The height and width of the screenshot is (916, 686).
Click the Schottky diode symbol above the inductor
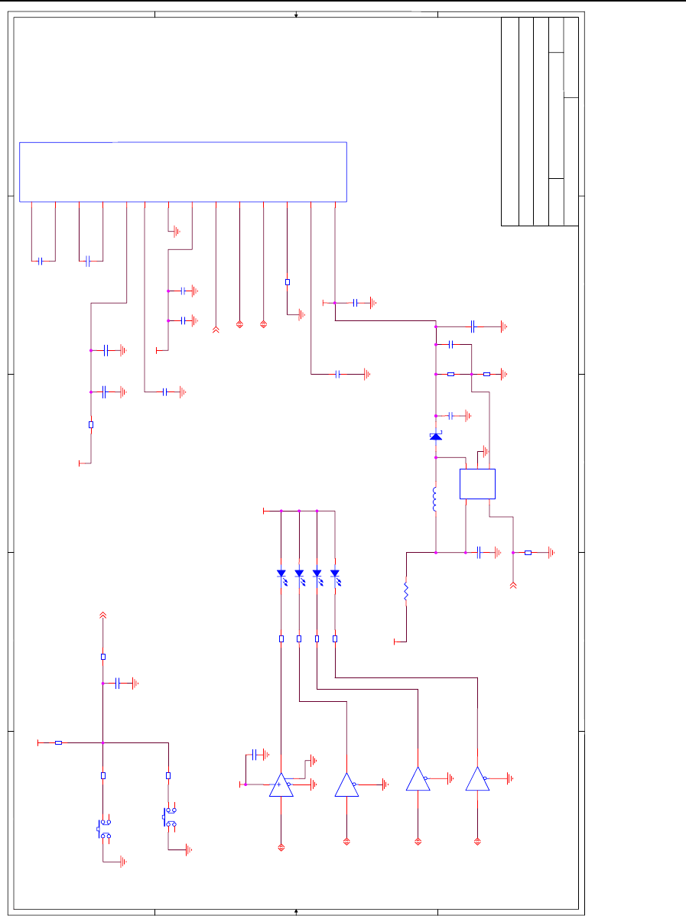point(435,436)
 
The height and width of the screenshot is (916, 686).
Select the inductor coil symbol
point(434,500)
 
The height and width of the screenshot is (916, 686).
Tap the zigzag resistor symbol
point(406,592)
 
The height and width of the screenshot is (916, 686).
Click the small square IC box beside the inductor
point(478,484)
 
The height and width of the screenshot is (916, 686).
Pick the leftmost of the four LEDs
point(281,573)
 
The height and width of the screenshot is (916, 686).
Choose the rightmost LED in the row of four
point(335,573)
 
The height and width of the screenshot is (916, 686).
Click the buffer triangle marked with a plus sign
point(281,784)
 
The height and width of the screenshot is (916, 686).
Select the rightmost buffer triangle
point(477,779)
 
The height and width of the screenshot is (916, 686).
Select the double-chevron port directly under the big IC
point(216,330)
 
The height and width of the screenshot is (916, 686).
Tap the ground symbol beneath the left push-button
point(122,862)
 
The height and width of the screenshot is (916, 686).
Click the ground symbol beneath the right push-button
point(187,849)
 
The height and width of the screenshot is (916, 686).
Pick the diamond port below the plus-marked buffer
point(281,846)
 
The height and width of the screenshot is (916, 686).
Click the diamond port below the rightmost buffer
point(477,841)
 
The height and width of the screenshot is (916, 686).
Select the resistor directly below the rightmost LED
point(335,638)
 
